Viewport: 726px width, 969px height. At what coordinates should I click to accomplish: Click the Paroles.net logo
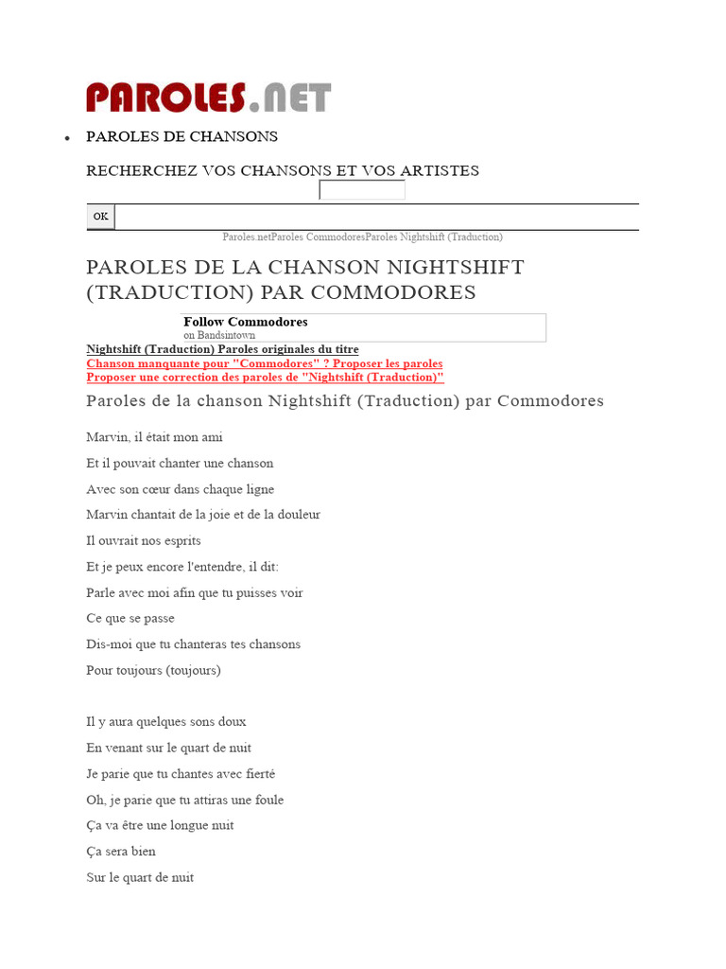click(x=208, y=97)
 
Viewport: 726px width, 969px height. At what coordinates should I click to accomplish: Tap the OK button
click(x=100, y=217)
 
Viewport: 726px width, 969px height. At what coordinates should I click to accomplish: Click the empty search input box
click(x=362, y=190)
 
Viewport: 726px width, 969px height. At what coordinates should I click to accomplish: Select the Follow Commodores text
click(x=246, y=322)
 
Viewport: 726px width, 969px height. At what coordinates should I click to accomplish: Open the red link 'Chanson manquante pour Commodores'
click(x=265, y=363)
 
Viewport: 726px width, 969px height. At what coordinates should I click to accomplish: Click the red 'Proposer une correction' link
click(x=266, y=377)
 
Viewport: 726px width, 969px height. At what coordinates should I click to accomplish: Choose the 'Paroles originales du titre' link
click(x=288, y=349)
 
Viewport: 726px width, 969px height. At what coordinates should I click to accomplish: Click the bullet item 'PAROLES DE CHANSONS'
click(x=181, y=136)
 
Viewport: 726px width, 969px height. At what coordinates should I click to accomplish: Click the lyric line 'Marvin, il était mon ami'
click(x=154, y=437)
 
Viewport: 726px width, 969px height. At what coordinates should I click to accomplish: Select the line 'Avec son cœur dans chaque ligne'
click(x=181, y=489)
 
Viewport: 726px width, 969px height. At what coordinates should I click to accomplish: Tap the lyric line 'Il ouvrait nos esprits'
click(x=144, y=540)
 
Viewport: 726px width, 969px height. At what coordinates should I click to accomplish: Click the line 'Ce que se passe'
click(x=130, y=618)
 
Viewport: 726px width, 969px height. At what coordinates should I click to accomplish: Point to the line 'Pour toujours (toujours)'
click(x=153, y=670)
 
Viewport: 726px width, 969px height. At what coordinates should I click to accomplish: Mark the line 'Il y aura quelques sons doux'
click(x=166, y=721)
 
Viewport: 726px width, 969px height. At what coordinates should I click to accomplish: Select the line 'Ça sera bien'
click(x=121, y=851)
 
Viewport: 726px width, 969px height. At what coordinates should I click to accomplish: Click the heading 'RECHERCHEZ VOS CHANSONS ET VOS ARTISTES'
click(x=283, y=170)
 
